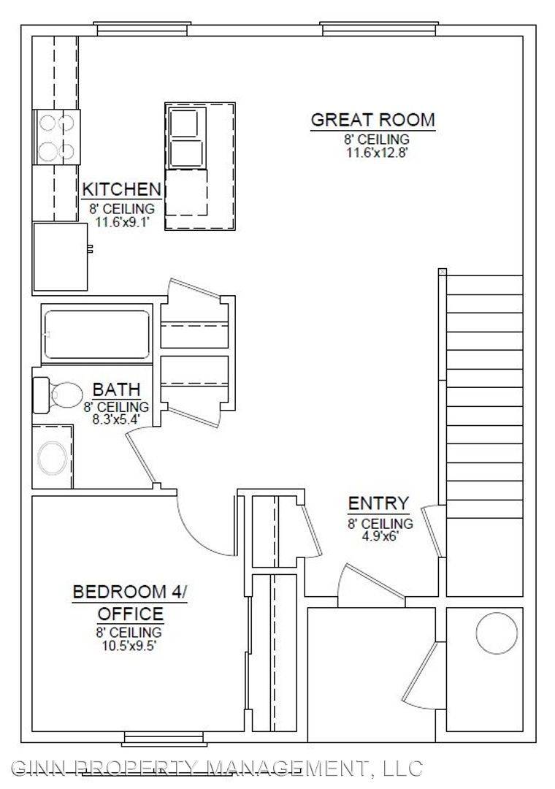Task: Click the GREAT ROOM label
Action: [x=372, y=120]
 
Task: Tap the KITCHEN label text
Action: [x=121, y=190]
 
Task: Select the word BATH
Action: [x=116, y=389]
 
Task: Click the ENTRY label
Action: [x=378, y=503]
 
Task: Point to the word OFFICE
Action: [x=130, y=614]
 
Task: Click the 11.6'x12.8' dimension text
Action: [x=376, y=153]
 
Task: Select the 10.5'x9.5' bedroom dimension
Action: [x=129, y=646]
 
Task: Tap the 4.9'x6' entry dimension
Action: [x=380, y=536]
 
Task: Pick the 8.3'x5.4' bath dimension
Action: [x=115, y=418]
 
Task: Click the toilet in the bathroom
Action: [x=58, y=395]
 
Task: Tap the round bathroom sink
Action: [x=53, y=458]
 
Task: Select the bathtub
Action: [x=96, y=334]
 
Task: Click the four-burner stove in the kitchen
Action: [x=56, y=137]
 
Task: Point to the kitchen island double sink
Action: [x=186, y=137]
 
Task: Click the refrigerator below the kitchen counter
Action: [x=61, y=256]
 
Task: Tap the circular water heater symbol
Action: [x=497, y=633]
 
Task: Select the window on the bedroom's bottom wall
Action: [x=164, y=739]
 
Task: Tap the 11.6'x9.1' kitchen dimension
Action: [x=122, y=222]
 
